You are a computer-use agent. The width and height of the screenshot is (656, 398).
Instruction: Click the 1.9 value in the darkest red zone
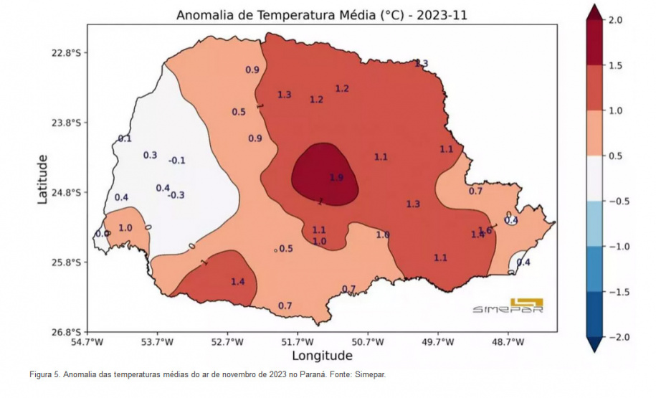point(337,177)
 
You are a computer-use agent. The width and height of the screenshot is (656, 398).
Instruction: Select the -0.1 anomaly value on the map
point(176,160)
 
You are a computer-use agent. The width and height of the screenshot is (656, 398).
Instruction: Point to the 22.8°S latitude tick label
point(65,53)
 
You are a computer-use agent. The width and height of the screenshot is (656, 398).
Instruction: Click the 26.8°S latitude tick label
point(65,332)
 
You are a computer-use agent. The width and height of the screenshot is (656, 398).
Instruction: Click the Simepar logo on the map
point(508,306)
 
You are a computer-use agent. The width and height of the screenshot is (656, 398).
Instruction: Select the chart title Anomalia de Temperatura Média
point(322,15)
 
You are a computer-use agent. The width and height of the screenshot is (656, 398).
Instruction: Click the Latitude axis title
point(43,178)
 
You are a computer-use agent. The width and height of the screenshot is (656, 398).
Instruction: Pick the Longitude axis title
point(322,356)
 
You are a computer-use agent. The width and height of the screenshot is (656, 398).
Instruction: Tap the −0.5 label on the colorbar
point(616,202)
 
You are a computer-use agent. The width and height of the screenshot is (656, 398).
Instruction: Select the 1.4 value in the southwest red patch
point(238,282)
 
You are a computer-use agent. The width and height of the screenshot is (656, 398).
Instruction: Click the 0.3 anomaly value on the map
point(150,155)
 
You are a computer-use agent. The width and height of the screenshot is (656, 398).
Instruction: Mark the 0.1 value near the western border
point(125,138)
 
